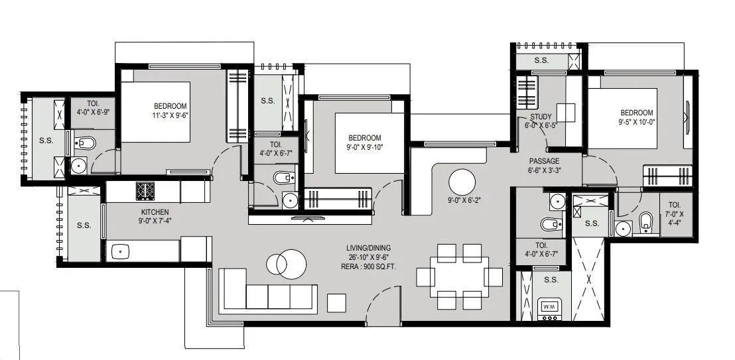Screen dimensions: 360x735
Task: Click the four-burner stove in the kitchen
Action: [145, 191]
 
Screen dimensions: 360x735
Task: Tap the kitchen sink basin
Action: [121, 251]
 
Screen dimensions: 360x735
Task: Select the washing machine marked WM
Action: [549, 306]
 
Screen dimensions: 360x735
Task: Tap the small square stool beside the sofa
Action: [337, 302]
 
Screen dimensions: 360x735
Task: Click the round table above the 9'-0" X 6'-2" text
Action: [462, 181]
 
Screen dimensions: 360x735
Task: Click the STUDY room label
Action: [541, 117]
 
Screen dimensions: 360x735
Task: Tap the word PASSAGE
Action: [544, 161]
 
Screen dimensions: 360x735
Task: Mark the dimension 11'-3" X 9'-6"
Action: [170, 115]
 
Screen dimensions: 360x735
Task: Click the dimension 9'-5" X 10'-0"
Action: [637, 121]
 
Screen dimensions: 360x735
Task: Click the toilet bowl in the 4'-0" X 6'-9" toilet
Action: [86, 143]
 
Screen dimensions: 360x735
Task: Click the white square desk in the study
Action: [565, 112]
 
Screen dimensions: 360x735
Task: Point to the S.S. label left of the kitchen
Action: [84, 225]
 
